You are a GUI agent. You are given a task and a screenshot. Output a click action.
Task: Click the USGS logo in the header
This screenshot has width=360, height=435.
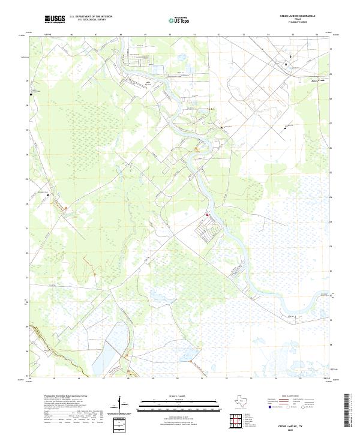55,20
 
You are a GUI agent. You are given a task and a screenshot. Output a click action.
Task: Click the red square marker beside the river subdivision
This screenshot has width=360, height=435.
208,215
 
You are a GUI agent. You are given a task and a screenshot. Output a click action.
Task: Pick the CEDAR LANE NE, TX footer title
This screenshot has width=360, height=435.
298,424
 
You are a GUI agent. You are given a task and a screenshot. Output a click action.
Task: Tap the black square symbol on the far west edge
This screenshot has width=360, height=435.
31,94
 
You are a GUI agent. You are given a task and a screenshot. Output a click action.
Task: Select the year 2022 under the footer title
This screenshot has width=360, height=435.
298,428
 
